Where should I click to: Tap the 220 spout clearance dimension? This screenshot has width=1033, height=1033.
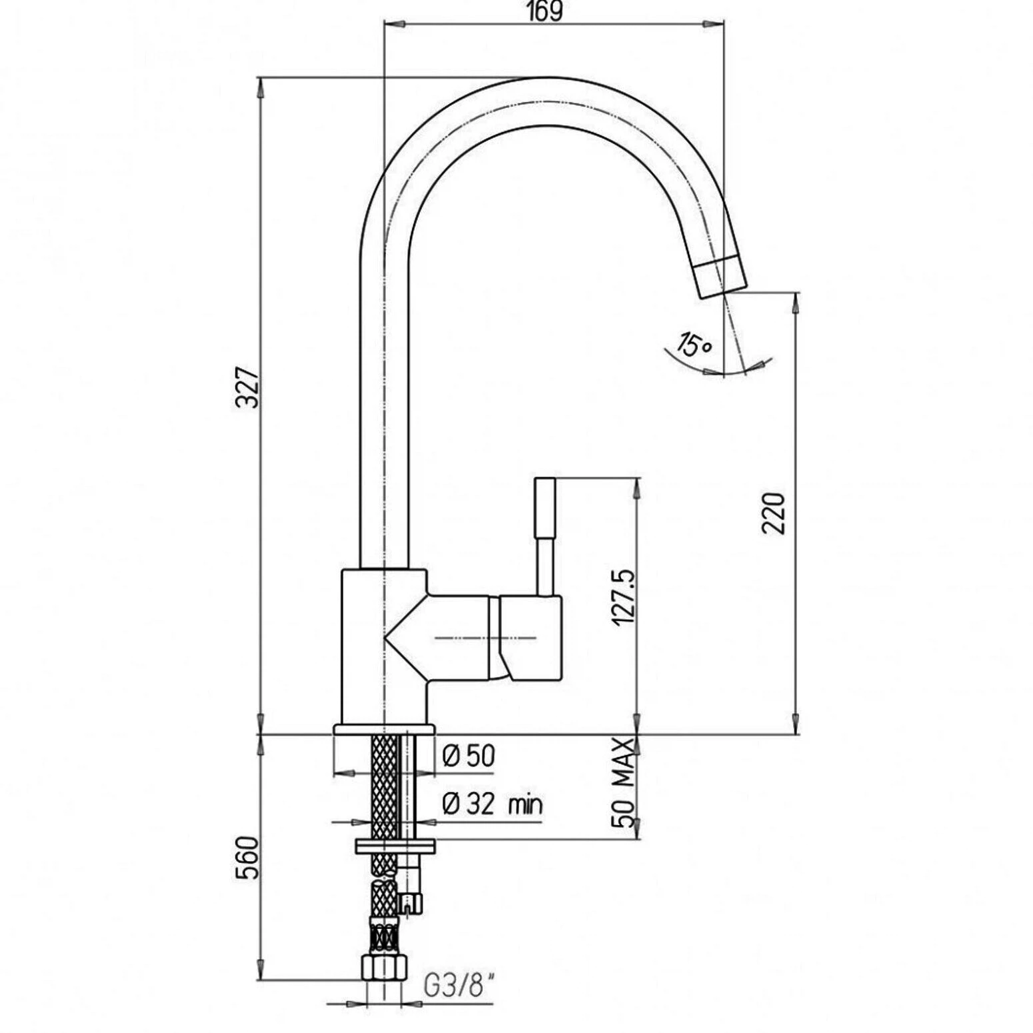point(774,513)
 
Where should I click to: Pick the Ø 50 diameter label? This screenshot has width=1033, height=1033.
point(469,756)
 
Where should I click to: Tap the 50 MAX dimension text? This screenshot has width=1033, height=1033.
point(623,782)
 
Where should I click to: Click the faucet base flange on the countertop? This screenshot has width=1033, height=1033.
point(383,729)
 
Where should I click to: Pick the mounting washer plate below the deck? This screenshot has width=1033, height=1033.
point(395,845)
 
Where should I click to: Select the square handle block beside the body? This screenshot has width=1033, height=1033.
point(530,638)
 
